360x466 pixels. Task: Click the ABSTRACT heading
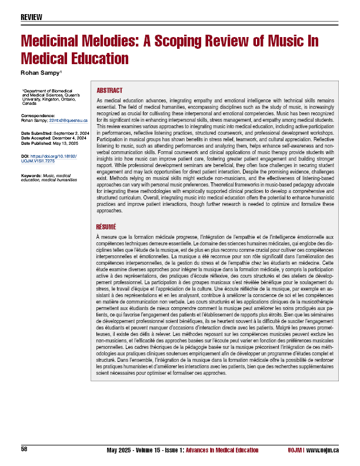[109, 91]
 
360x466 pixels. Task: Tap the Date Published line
[52, 144]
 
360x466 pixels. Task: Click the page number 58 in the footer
[24, 450]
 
